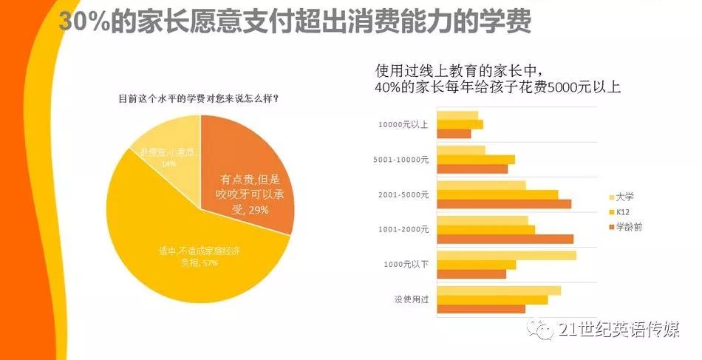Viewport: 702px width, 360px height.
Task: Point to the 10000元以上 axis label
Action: (x=402, y=124)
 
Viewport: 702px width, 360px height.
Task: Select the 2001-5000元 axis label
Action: (x=403, y=194)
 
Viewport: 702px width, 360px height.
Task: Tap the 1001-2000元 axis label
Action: (x=403, y=229)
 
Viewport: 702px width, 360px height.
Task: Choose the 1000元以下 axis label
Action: (x=404, y=264)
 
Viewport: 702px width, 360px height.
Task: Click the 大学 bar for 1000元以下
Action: (x=506, y=256)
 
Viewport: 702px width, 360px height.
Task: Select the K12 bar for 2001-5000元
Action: (x=497, y=194)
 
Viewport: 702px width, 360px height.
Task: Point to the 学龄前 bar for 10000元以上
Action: (x=454, y=134)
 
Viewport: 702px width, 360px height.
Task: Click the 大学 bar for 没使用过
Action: (x=499, y=291)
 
